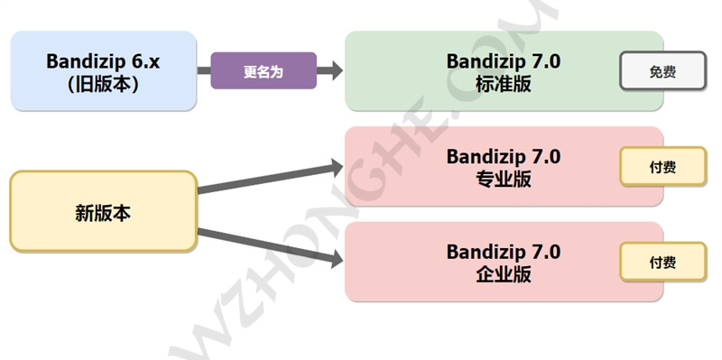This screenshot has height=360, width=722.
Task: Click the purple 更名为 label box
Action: pos(264,71)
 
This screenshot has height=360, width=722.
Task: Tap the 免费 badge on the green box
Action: pos(662,71)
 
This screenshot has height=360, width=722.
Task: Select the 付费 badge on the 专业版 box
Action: pos(662,167)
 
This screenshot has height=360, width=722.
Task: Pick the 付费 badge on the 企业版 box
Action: pos(662,263)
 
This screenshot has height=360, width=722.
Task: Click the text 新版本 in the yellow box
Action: pos(103,213)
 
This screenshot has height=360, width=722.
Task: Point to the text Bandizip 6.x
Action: pos(103,61)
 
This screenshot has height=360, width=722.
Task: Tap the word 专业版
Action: pos(503,178)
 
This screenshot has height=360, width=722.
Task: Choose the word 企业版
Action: pos(503,273)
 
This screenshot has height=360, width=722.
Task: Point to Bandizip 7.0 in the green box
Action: pos(503,61)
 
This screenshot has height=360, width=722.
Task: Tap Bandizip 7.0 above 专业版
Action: pos(503,157)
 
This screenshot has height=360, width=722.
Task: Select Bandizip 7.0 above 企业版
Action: pos(503,252)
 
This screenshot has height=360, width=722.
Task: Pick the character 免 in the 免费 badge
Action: pos(654,71)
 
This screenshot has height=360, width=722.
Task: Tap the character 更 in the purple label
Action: pos(250,71)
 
